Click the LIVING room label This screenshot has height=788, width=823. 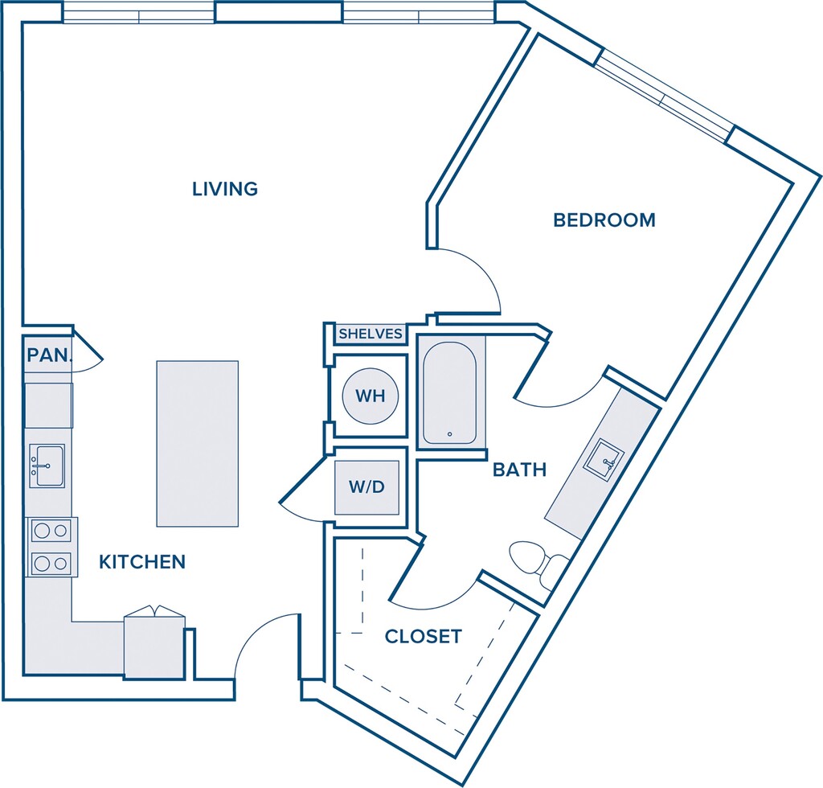pyautogui.click(x=225, y=189)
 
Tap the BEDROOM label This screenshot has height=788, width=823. pyautogui.click(x=604, y=220)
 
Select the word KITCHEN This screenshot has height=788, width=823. pyautogui.click(x=142, y=562)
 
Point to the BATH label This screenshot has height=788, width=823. pyautogui.click(x=520, y=470)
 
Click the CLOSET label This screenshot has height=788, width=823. pyautogui.click(x=423, y=636)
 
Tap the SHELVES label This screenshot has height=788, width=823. pyautogui.click(x=371, y=334)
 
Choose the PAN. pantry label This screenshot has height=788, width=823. pyautogui.click(x=49, y=355)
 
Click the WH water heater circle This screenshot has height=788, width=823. pyautogui.click(x=371, y=396)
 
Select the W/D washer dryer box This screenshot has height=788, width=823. pyautogui.click(x=366, y=487)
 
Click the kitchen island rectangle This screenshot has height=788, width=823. pyautogui.click(x=198, y=443)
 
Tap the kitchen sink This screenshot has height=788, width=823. pyautogui.click(x=47, y=466)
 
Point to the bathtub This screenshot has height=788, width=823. pyautogui.click(x=450, y=392)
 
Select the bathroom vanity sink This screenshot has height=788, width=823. pyautogui.click(x=604, y=461)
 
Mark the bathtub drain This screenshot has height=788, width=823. pyautogui.click(x=449, y=434)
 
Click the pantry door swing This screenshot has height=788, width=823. pyautogui.click(x=87, y=351)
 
